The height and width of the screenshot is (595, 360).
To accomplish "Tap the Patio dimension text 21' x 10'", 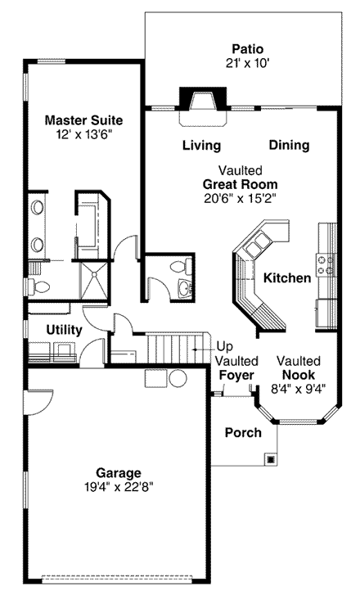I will [x=246, y=63].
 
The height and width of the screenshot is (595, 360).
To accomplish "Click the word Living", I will [x=201, y=146].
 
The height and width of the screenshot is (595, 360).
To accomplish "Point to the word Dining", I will [x=289, y=146].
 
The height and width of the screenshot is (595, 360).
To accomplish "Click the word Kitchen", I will [x=287, y=278].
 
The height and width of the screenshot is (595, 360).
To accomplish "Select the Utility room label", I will [x=63, y=330].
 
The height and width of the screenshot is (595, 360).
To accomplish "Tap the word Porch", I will [x=243, y=432].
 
